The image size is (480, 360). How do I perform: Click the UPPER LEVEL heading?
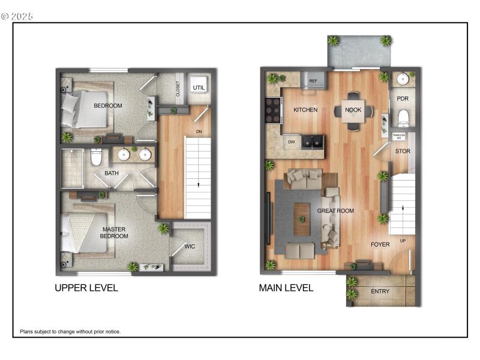point(86,288)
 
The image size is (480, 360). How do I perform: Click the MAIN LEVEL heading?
point(286,288)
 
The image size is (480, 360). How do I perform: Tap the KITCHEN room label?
point(305,110)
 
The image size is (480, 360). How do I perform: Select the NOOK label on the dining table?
point(353,110)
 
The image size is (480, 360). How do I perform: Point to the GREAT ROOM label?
point(335,211)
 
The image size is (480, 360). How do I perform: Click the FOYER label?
point(380,244)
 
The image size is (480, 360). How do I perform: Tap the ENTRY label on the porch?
point(380,292)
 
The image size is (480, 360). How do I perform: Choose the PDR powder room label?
point(403,98)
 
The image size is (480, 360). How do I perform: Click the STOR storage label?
point(403,151)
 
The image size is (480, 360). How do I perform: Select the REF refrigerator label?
point(313,80)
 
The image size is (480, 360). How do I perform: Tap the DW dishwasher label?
point(292,142)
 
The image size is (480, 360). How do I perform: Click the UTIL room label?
point(199,88)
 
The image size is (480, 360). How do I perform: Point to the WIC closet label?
point(190,246)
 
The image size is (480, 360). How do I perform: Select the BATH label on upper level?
point(112,173)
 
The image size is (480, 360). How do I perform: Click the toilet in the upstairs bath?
point(96,158)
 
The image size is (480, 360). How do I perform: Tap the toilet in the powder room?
point(403,116)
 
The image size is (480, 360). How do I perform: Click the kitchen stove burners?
point(273,110)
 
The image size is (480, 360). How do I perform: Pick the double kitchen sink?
point(313,142)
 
